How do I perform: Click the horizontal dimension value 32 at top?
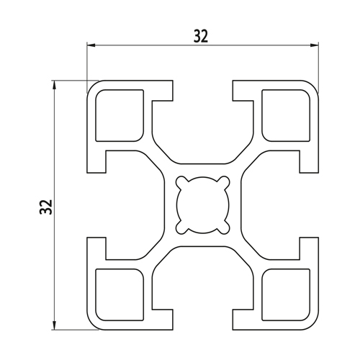click(201, 37)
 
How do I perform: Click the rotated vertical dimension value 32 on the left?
click(46, 207)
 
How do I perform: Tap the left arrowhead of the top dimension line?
click(91, 45)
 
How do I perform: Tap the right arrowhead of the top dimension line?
click(315, 45)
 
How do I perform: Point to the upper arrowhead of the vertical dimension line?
click(55, 84)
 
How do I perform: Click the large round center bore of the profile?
click(203, 205)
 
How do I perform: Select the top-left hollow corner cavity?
click(120, 115)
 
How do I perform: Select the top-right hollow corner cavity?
click(286, 115)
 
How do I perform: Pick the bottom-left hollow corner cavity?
click(120, 294)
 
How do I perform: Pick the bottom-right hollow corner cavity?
click(286, 294)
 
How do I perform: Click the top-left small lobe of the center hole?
click(181, 182)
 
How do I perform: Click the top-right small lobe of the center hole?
click(225, 182)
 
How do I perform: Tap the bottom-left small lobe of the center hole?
click(181, 228)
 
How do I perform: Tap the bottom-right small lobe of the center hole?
click(225, 228)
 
